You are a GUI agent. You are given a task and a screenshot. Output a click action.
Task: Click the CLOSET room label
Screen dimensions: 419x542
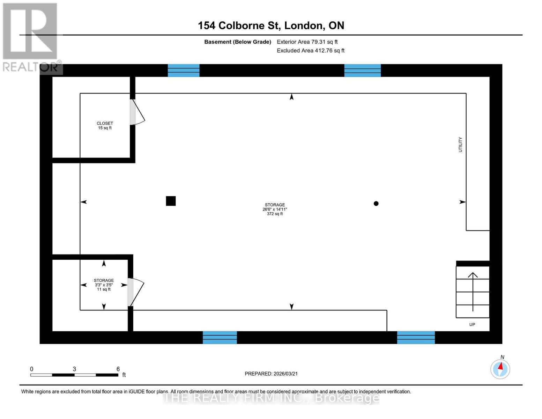coord(105,123)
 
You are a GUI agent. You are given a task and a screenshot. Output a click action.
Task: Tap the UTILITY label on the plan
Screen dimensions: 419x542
coord(460,144)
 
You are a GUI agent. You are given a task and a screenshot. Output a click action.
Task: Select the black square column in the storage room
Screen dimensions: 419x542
coord(171,201)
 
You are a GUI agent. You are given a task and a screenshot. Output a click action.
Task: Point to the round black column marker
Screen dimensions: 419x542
coord(376,204)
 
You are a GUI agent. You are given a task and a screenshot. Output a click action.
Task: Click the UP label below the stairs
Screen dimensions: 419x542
coord(472,324)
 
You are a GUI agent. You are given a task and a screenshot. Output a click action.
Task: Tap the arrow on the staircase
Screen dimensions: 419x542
coord(473,292)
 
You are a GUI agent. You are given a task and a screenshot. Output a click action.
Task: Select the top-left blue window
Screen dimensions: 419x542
coord(184,70)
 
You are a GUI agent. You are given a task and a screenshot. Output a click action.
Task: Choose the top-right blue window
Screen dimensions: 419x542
coord(362,70)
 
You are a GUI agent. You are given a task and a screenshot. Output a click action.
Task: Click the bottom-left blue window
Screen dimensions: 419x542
coord(220,337)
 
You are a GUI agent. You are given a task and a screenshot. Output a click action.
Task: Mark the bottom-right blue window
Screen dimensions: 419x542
coord(416,337)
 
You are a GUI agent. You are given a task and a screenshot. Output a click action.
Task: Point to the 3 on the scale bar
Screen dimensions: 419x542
coord(74,369)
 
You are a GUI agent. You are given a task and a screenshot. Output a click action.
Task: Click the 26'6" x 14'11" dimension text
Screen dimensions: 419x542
coord(275,209)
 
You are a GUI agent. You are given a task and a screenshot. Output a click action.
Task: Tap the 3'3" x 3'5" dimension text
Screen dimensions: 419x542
coord(104,285)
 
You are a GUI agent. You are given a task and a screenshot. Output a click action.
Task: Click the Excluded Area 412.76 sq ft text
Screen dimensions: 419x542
coord(311,51)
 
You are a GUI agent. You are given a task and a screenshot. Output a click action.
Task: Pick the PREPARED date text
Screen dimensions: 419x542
coord(271,374)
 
